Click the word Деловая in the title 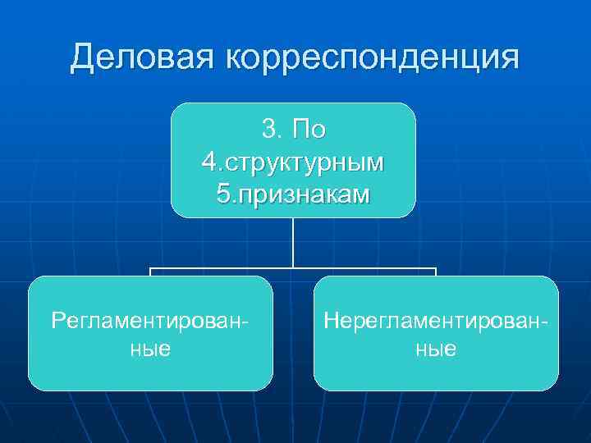click(x=142, y=58)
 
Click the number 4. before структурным click(x=211, y=162)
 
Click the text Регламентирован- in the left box click(x=150, y=319)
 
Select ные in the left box click(x=150, y=349)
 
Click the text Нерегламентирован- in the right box click(x=436, y=319)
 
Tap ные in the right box click(x=436, y=349)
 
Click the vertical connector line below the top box click(x=293, y=242)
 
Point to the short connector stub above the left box click(x=150, y=272)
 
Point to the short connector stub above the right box click(x=435, y=272)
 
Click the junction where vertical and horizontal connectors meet click(x=293, y=267)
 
